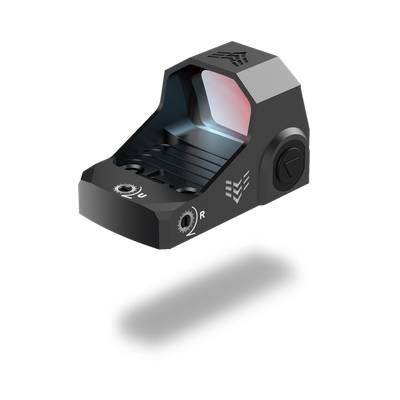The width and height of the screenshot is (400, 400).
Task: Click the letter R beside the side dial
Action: point(203,214)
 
